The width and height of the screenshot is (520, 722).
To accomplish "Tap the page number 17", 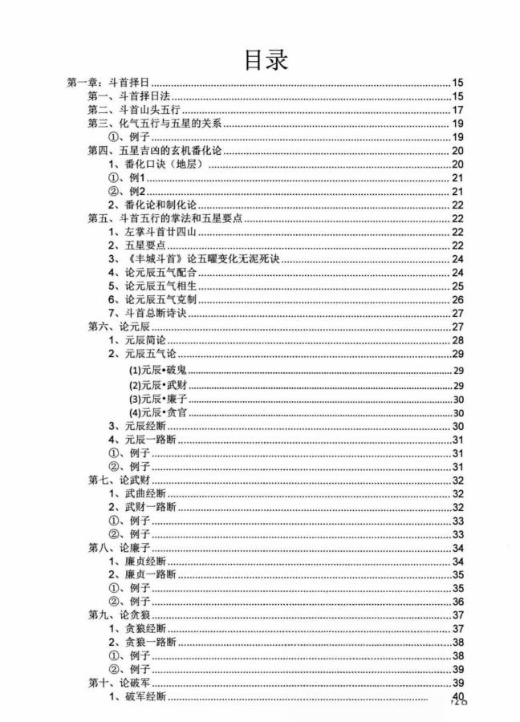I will click(458, 110).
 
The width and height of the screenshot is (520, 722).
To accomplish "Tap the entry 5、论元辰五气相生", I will click(151, 286).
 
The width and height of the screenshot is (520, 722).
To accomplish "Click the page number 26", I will click(458, 299).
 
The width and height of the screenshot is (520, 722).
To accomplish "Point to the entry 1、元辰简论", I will click(136, 340).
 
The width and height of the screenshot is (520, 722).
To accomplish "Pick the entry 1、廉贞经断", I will click(136, 561).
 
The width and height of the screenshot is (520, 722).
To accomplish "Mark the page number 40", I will click(458, 696).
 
